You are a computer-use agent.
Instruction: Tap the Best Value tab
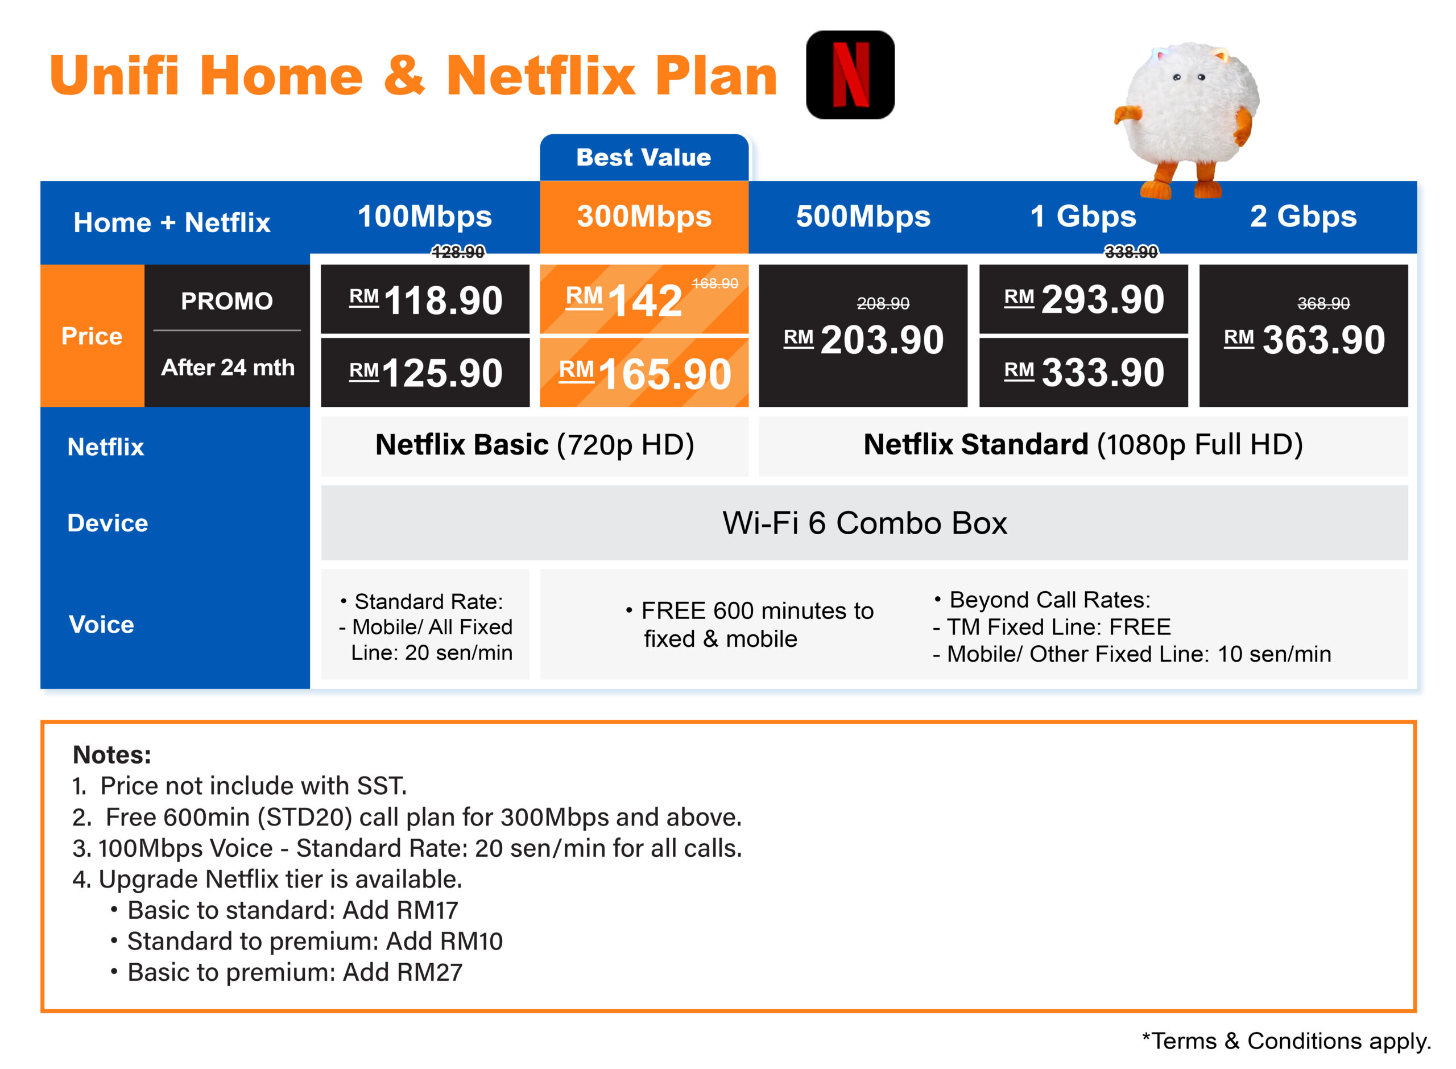(644, 157)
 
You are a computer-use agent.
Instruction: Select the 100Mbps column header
(425, 216)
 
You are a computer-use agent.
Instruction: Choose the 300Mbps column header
(644, 216)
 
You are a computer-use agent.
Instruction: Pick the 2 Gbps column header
(1304, 216)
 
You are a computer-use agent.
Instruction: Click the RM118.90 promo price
(425, 300)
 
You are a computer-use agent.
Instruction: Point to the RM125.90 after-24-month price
(425, 373)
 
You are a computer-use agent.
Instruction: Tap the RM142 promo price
(624, 300)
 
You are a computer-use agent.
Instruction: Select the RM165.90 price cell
(644, 373)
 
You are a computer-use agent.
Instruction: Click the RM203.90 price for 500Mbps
(863, 340)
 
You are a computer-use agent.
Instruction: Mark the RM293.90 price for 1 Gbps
(1084, 300)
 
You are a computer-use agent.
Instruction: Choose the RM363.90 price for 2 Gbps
(1304, 340)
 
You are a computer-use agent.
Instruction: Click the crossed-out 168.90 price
(715, 283)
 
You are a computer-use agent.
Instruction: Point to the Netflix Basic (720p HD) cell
(535, 445)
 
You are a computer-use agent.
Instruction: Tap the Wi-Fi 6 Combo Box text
(865, 523)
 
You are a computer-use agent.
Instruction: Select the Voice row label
(102, 625)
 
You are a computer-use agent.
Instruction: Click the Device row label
(108, 523)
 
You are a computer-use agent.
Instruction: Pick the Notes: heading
(112, 754)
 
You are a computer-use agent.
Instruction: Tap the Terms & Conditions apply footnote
(1287, 1041)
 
